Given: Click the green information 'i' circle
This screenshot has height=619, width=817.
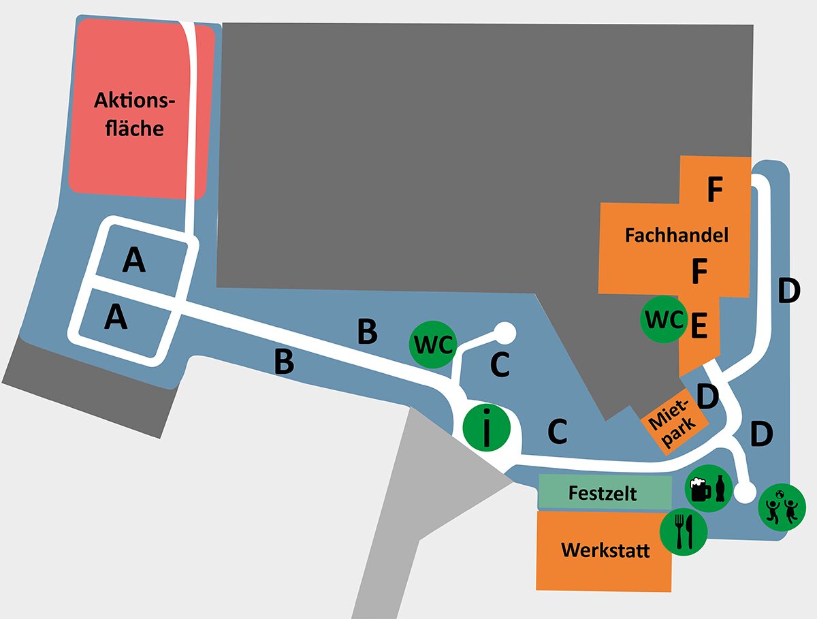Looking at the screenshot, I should (x=486, y=428).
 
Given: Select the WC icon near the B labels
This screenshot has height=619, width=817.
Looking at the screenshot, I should (x=432, y=345).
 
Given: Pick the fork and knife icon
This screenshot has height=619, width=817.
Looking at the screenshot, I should (x=684, y=530).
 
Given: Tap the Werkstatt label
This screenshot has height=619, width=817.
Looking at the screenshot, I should (x=605, y=550).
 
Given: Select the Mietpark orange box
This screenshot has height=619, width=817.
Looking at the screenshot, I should (x=673, y=423).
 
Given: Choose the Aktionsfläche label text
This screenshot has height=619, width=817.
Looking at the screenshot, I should (x=134, y=114).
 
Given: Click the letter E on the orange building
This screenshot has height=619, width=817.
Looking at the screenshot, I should (x=699, y=326).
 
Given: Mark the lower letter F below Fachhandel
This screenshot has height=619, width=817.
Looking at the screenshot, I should (x=699, y=272).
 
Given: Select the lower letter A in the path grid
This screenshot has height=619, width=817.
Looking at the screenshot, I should (x=117, y=317).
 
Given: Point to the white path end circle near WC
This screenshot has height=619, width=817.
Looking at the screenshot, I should (x=504, y=332).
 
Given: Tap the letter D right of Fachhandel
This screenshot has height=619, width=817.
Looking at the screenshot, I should (x=788, y=291).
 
